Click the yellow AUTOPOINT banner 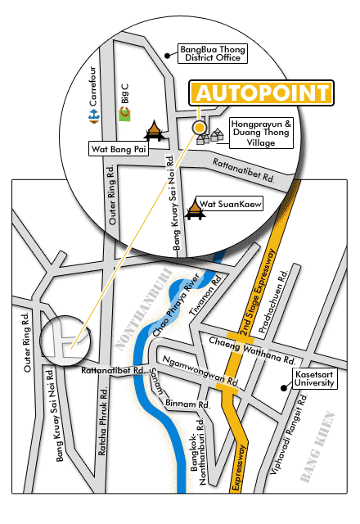coord(262,93)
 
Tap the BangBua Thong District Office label coord(213,53)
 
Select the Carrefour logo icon coord(94,115)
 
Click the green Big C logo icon coord(125,114)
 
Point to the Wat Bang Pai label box coord(119,149)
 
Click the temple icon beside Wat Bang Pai coord(154,131)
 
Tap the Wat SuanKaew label coord(229,204)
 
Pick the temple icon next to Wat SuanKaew coord(195,210)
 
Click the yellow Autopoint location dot coord(199,128)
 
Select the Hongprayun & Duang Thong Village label coord(261,133)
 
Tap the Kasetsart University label coord(314,378)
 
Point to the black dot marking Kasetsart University coord(284,388)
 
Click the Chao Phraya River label coord(176,305)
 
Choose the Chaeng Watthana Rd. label coord(252,350)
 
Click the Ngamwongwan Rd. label coord(200,371)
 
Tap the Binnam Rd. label coord(187,404)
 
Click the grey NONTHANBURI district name coord(144,309)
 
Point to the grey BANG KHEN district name coord(317,447)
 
